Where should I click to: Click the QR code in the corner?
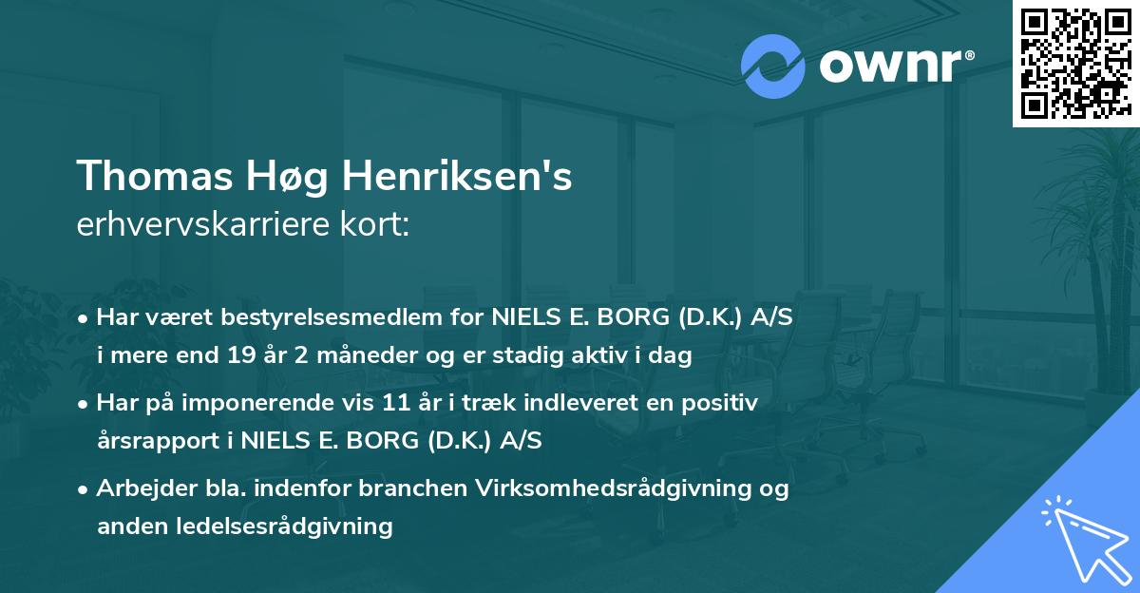tap(1075, 64)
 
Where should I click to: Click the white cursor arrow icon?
tap(1082, 536)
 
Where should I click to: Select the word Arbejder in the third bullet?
tap(136, 489)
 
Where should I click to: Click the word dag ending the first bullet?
tap(674, 357)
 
